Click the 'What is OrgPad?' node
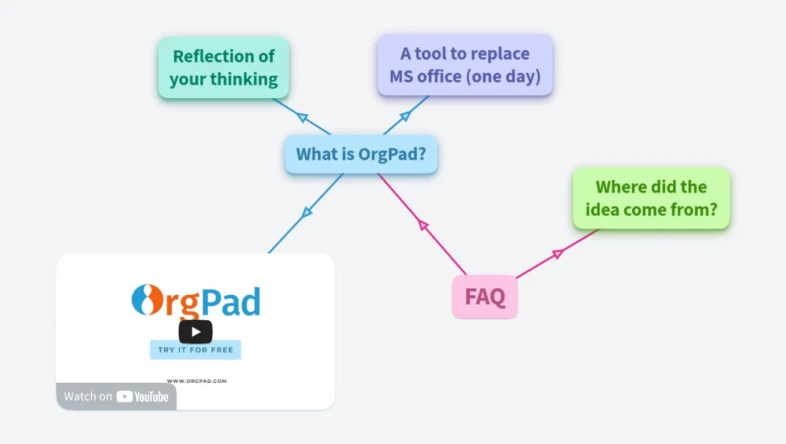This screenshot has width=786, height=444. tap(361, 154)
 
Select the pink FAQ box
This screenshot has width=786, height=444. tap(485, 297)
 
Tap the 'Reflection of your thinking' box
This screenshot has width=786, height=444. tap(224, 68)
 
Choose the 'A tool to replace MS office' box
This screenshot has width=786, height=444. tap(465, 65)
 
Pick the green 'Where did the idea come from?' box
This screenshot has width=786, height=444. tap(651, 198)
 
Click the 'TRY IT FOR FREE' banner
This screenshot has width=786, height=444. tap(195, 350)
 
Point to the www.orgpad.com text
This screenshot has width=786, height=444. tap(196, 381)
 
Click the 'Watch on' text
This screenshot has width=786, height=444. tap(88, 397)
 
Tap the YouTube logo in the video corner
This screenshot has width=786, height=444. tap(142, 397)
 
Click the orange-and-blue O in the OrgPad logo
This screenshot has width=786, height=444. tap(142, 300)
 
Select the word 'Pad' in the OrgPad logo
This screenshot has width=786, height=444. tap(230, 301)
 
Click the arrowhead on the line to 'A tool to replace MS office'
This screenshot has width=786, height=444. tap(405, 116)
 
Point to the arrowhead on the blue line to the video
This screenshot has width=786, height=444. tap(307, 213)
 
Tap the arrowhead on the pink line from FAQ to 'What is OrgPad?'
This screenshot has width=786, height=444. tap(424, 225)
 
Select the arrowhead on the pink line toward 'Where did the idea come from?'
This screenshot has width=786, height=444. tap(558, 253)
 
